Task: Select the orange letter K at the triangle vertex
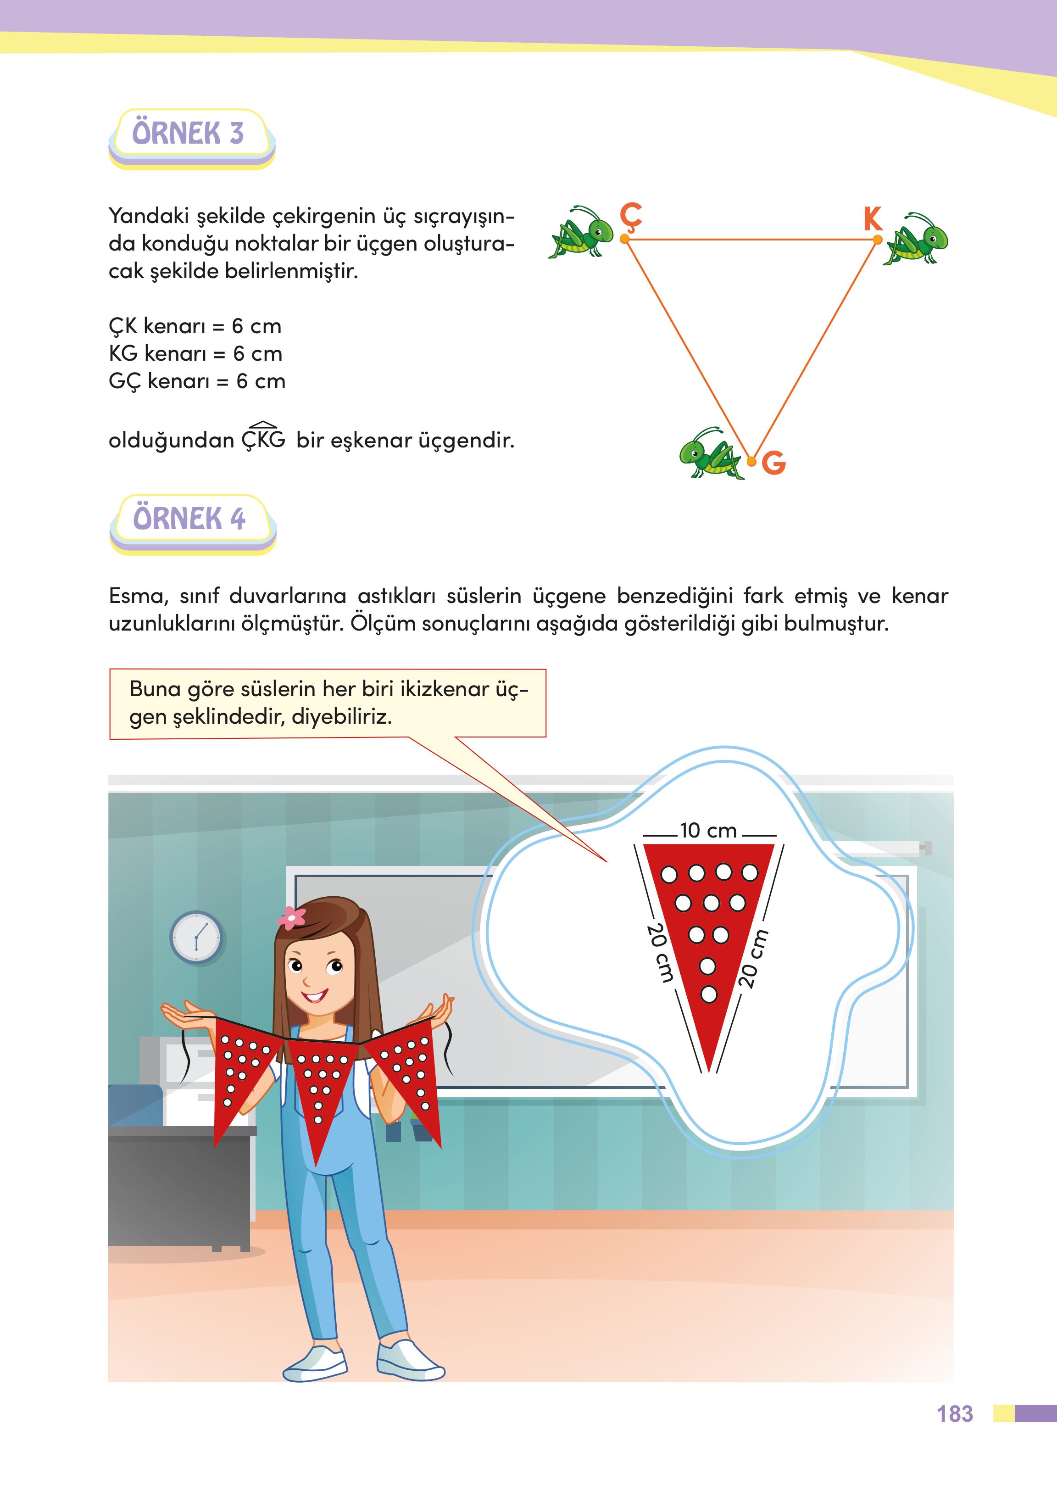872,219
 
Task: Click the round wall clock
196,938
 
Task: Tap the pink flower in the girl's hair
291,917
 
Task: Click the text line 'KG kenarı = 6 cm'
195,353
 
